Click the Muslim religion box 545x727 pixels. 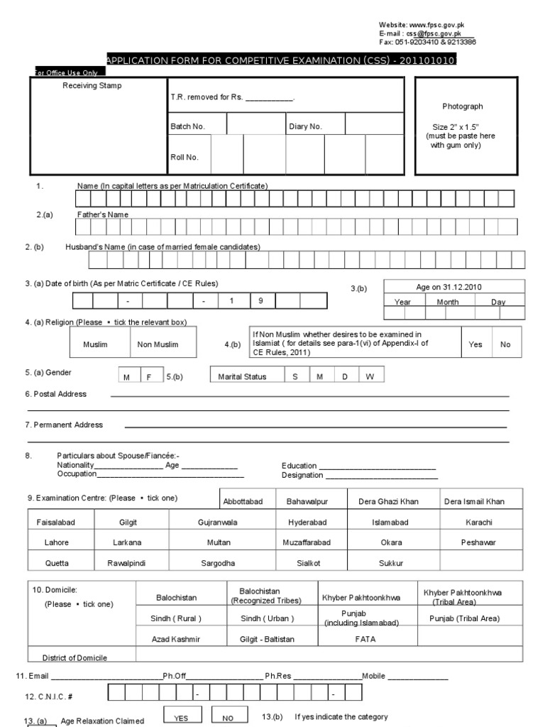pyautogui.click(x=94, y=344)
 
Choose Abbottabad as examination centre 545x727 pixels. pyautogui.click(x=243, y=501)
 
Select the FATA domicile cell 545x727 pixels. pyautogui.click(x=365, y=639)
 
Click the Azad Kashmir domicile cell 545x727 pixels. pyautogui.click(x=176, y=639)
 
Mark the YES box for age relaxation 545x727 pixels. pyautogui.click(x=182, y=718)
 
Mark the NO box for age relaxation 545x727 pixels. pyautogui.click(x=228, y=718)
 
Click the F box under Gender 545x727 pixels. pyautogui.click(x=150, y=377)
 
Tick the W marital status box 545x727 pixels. pyautogui.click(x=369, y=377)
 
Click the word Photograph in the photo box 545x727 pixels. pyautogui.click(x=463, y=106)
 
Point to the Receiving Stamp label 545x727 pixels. pyautogui.click(x=92, y=86)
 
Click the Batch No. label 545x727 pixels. pyautogui.click(x=187, y=126)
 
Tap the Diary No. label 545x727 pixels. pyautogui.click(x=305, y=126)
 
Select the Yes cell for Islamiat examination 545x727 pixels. pyautogui.click(x=475, y=344)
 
